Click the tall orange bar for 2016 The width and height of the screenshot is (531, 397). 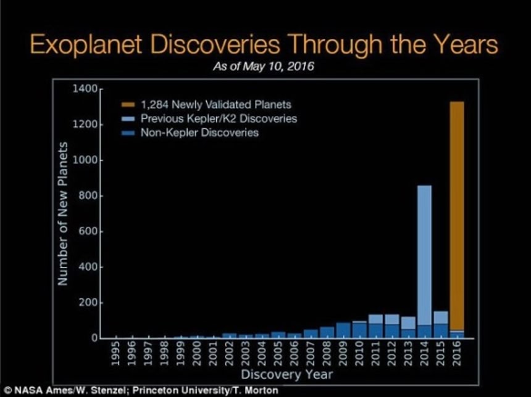coord(456,216)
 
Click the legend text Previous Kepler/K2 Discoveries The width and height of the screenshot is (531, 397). coord(219,118)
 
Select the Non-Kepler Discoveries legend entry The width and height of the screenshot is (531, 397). coord(199,133)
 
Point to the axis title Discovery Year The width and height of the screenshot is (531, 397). coord(286,374)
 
